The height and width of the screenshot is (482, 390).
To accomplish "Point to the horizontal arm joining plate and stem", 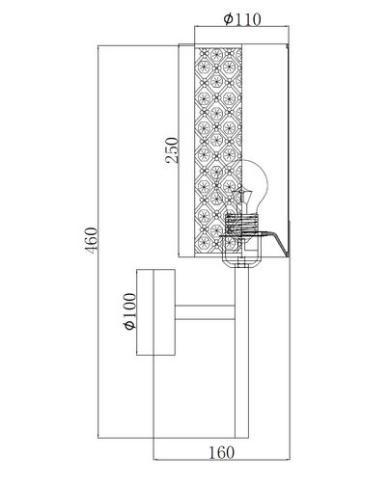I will click(x=204, y=313).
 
